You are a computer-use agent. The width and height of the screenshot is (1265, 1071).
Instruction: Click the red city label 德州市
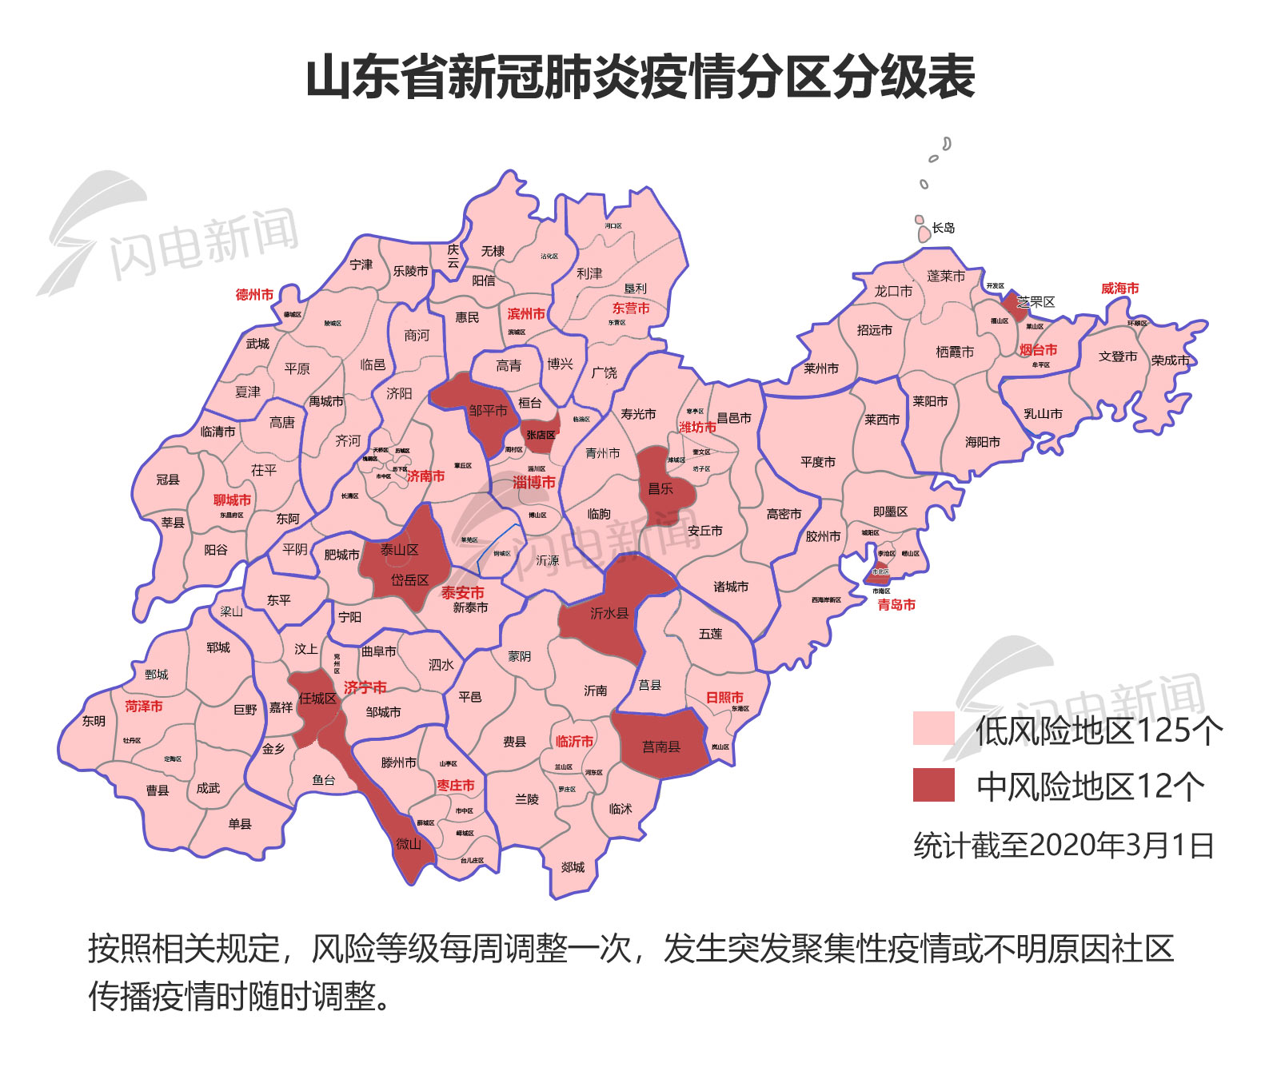[x=254, y=295]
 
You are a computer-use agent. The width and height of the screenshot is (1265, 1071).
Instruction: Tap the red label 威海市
[x=1119, y=289]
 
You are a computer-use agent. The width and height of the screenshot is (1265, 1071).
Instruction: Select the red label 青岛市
[x=896, y=605]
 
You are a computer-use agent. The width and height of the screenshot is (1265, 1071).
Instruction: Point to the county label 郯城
[x=573, y=867]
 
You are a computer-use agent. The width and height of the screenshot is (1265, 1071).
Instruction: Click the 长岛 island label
[x=944, y=229]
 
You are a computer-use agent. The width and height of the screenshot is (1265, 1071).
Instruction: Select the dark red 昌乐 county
[x=660, y=488]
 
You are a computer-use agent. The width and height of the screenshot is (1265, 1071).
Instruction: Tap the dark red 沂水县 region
[x=609, y=614]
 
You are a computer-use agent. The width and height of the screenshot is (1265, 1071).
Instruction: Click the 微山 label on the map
[x=409, y=844]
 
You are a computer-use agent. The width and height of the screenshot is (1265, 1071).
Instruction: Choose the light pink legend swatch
[x=933, y=728]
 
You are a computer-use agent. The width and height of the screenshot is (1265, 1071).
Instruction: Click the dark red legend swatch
[x=933, y=785]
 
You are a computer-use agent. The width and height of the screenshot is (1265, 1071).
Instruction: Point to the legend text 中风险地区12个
[x=1090, y=787]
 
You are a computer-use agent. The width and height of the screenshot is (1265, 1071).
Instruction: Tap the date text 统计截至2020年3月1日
[x=1063, y=846]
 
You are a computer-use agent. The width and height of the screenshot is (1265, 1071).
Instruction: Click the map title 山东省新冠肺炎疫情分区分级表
[x=640, y=78]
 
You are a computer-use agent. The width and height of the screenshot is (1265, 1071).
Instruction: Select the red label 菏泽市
[x=144, y=707]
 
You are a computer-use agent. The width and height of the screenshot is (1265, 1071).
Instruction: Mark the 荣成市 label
[x=1170, y=360]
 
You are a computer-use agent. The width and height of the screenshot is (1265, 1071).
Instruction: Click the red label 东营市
[x=631, y=309]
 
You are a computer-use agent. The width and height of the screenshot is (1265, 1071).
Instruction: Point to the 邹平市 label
[x=488, y=411]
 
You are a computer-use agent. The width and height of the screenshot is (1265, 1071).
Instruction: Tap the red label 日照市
[x=724, y=697]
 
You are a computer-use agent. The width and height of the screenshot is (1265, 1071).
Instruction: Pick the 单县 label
[x=240, y=824]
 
